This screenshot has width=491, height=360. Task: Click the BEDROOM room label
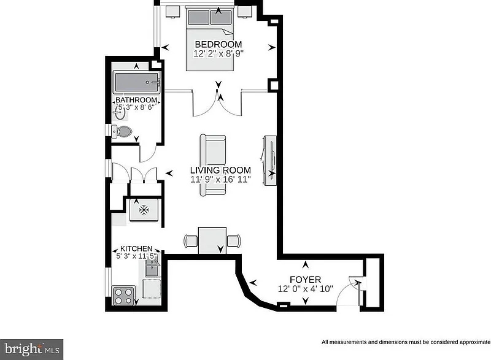click(218, 44)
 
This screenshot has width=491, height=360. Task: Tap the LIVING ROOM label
click(220, 170)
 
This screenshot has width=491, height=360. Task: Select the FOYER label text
click(305, 279)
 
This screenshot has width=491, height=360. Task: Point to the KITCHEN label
click(136, 248)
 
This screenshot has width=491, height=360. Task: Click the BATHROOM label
click(136, 100)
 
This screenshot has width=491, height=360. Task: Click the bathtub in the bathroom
click(137, 82)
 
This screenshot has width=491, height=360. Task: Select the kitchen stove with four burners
click(123, 296)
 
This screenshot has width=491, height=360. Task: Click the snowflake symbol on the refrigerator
click(144, 210)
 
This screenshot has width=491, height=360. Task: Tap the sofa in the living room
click(213, 166)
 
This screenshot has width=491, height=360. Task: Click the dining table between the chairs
click(212, 240)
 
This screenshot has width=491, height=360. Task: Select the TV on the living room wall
click(270, 161)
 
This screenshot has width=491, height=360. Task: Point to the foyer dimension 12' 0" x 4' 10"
click(305, 289)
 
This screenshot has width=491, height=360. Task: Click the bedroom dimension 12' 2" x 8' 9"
click(218, 53)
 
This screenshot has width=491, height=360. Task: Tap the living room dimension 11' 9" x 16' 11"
click(220, 180)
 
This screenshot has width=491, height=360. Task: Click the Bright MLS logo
click(32, 350)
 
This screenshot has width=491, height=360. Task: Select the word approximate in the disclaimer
click(474, 342)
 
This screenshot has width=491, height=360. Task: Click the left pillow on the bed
click(198, 17)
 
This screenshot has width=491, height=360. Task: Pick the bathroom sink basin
click(120, 113)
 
